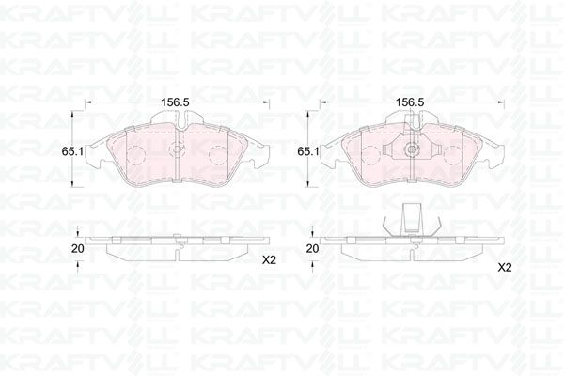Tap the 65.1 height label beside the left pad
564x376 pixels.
(72, 151)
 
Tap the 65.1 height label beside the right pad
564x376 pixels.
(308, 151)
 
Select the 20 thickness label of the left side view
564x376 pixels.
(78, 248)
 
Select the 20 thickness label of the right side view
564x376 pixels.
(313, 248)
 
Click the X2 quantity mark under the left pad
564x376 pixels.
(269, 259)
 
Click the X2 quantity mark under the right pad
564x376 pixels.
(504, 267)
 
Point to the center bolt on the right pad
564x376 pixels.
(412, 149)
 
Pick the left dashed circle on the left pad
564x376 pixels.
(136, 155)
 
